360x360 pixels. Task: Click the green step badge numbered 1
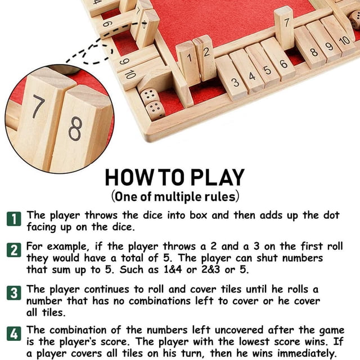[13, 219]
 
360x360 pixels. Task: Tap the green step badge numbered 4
[13, 334]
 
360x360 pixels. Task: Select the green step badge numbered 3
[13, 293]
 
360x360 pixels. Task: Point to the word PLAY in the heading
[218, 178]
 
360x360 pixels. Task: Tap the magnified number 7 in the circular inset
[38, 106]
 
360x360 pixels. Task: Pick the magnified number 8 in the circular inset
[75, 129]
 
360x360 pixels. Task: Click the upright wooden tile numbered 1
[188, 64]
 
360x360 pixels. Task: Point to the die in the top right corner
[354, 20]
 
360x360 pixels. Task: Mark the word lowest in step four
[254, 341]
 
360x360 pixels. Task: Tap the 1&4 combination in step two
[173, 269]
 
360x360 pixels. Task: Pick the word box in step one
[199, 215]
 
